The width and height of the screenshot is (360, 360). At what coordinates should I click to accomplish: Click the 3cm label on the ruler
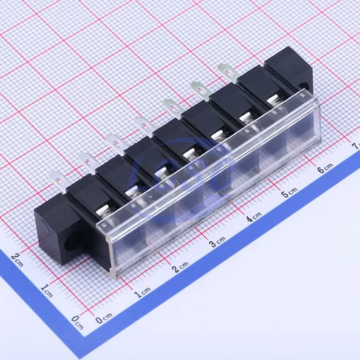pyautogui.click(x=218, y=242)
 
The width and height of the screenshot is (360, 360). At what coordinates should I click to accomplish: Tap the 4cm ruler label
pyautogui.click(x=254, y=217)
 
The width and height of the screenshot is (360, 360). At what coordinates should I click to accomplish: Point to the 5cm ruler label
pyautogui.click(x=289, y=192)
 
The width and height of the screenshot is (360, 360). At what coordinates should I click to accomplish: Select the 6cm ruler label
pyautogui.click(x=325, y=168)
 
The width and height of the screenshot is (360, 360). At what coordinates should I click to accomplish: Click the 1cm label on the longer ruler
pyautogui.click(x=143, y=292)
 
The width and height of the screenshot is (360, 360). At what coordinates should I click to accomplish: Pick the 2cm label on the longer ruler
pyautogui.click(x=181, y=267)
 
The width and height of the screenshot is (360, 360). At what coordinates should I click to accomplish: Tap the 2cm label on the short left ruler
pyautogui.click(x=17, y=260)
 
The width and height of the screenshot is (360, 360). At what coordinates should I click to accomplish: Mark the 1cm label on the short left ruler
pyautogui.click(x=47, y=290)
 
